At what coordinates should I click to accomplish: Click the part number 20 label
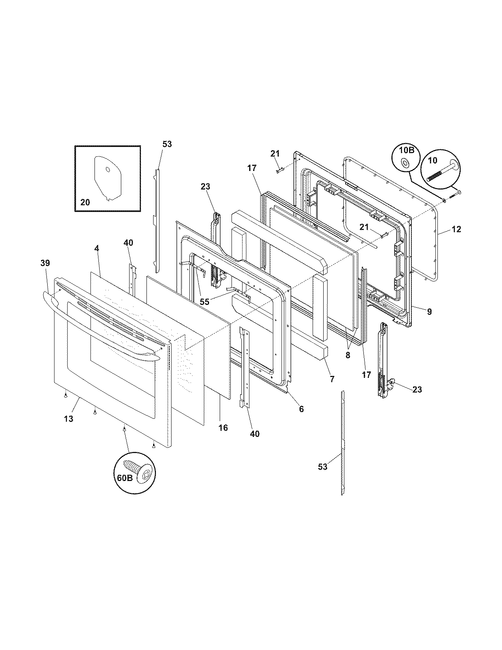(85, 202)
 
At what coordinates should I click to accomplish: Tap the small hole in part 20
(108, 170)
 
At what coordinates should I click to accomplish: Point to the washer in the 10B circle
(404, 163)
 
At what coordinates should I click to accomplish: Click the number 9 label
(429, 312)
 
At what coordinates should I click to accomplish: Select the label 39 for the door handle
(45, 263)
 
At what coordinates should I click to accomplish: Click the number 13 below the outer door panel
(69, 419)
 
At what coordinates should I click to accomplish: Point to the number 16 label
(223, 428)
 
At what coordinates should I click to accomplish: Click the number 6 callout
(301, 409)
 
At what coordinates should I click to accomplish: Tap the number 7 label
(332, 379)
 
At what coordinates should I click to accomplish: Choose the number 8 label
(348, 354)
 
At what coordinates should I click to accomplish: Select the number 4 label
(96, 249)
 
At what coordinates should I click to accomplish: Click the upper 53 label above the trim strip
(167, 144)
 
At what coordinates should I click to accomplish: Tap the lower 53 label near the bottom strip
(322, 467)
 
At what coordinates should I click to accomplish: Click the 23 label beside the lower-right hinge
(417, 390)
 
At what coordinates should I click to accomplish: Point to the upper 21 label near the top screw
(275, 154)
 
